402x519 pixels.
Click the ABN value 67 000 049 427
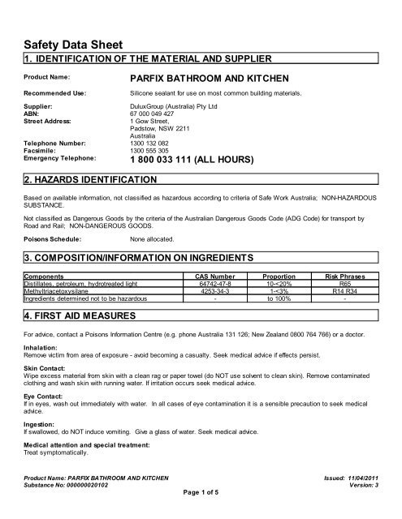[x=155, y=114]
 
